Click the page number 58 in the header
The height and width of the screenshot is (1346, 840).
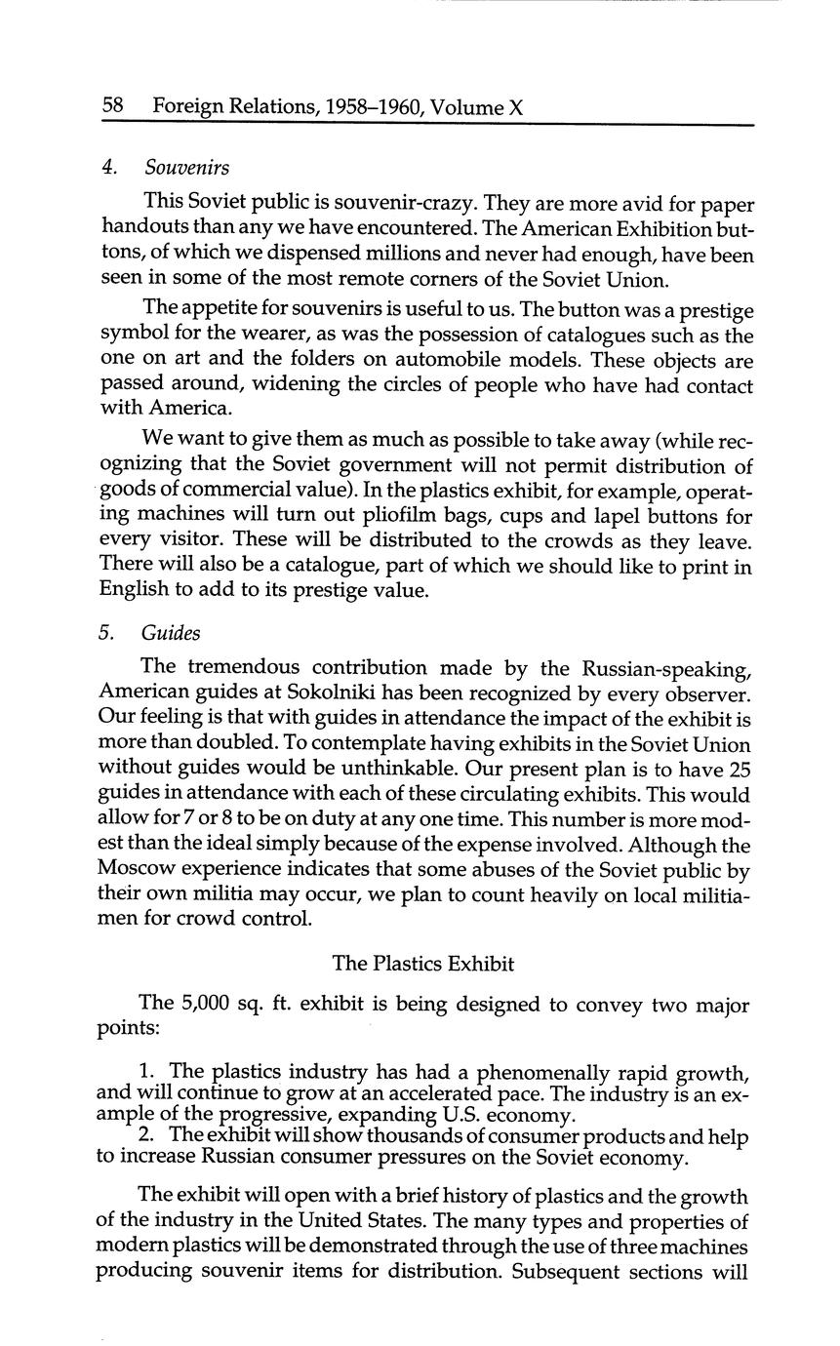[x=113, y=106]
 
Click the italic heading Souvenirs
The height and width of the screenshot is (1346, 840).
[x=187, y=168]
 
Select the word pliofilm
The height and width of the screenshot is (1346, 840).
[x=425, y=516]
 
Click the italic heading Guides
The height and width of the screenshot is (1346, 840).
[x=171, y=633]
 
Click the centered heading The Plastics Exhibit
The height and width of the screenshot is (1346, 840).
[x=422, y=964]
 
